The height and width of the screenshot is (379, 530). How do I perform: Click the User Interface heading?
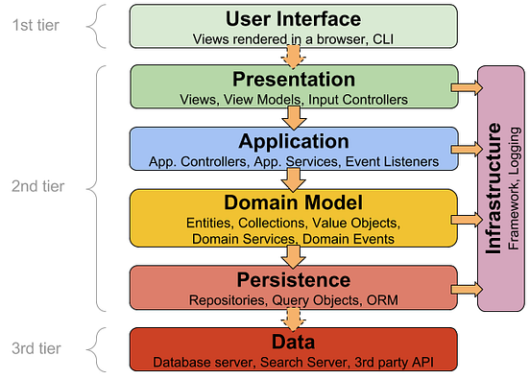[x=293, y=19]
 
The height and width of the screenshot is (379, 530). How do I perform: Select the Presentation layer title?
[x=293, y=80]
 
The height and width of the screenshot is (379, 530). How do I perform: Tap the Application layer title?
[x=293, y=142]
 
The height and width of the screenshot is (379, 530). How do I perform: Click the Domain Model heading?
[x=293, y=202]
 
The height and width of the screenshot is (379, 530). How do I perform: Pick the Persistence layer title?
[x=293, y=279]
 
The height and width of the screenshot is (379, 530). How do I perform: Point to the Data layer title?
[x=293, y=342]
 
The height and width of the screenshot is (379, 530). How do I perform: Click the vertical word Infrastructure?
[x=494, y=187]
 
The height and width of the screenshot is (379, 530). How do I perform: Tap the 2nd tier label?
[x=36, y=187]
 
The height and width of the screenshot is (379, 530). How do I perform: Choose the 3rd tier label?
[x=36, y=347]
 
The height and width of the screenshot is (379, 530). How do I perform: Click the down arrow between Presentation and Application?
[x=293, y=118]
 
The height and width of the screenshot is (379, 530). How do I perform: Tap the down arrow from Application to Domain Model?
[x=293, y=179]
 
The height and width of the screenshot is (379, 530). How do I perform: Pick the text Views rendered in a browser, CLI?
[x=293, y=39]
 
